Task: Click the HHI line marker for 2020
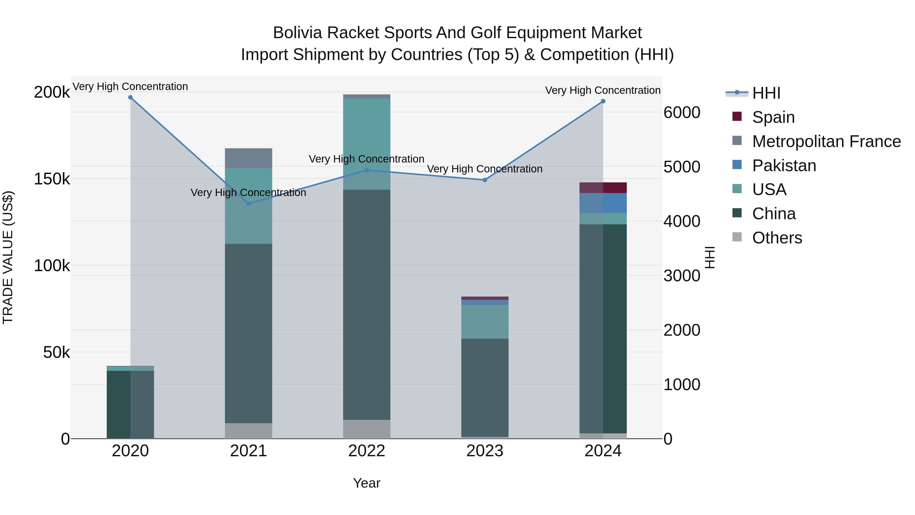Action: tap(130, 97)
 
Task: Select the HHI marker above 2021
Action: tap(249, 204)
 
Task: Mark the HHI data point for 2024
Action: tap(603, 101)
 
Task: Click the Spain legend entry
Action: tap(773, 117)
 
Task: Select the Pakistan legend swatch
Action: tap(737, 165)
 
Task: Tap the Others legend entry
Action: tap(777, 238)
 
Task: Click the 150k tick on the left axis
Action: tap(52, 179)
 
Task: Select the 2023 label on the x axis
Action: tap(485, 451)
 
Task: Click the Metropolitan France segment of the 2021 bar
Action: tap(249, 158)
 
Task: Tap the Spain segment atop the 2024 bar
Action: tap(603, 188)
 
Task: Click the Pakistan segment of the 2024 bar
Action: tap(603, 203)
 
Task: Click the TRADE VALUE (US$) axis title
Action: tap(8, 257)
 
